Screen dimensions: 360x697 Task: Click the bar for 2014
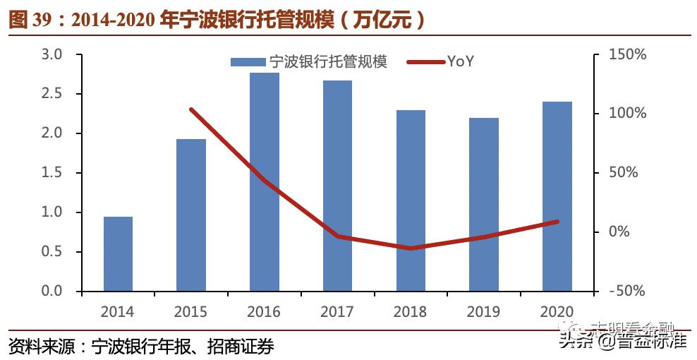click(x=118, y=253)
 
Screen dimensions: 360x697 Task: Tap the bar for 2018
click(x=411, y=200)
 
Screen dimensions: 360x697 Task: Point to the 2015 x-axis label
click(x=190, y=311)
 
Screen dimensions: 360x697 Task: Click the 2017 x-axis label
click(x=337, y=311)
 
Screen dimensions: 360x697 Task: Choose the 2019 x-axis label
click(x=483, y=311)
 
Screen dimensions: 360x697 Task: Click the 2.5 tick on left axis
click(x=54, y=94)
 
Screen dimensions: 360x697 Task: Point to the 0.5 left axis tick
click(x=54, y=252)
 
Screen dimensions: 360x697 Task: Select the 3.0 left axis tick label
click(x=54, y=54)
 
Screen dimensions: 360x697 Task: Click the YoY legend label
click(x=460, y=61)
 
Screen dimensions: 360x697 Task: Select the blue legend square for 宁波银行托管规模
click(x=248, y=62)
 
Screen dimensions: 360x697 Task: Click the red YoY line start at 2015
click(x=191, y=109)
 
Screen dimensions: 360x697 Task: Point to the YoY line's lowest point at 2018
click(x=411, y=248)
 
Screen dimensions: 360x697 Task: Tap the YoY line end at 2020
click(x=557, y=222)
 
